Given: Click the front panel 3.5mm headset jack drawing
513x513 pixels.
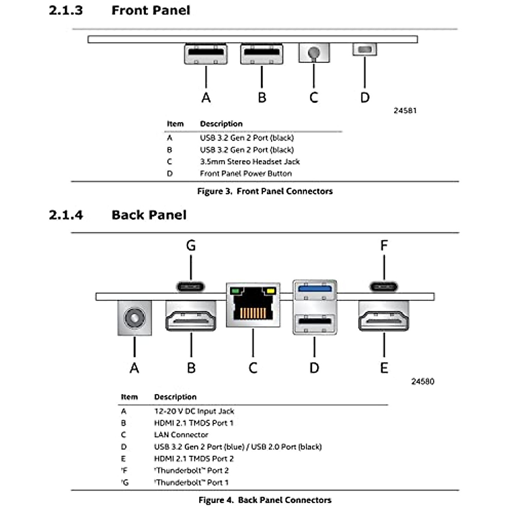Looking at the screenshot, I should pyautogui.click(x=314, y=53).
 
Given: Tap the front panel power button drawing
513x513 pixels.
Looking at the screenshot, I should pyautogui.click(x=365, y=49).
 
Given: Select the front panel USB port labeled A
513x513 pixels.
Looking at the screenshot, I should pyautogui.click(x=206, y=54).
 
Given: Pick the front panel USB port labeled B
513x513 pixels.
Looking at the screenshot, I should pyautogui.click(x=262, y=54).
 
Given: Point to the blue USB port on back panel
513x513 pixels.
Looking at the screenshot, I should pyautogui.click(x=315, y=289).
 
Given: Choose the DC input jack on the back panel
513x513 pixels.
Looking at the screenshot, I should pyautogui.click(x=134, y=318).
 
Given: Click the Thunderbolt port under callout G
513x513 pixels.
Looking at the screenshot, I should pyautogui.click(x=191, y=286).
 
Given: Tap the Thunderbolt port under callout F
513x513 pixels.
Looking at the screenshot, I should pyautogui.click(x=384, y=286).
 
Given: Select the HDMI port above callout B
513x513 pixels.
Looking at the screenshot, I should pyautogui.click(x=191, y=316).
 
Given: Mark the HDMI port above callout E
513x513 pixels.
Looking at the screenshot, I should pyautogui.click(x=384, y=316).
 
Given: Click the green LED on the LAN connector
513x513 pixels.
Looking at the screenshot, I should pyautogui.click(x=235, y=292).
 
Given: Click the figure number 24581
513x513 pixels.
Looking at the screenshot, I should pyautogui.click(x=405, y=111).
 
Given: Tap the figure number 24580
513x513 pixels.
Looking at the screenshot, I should pyautogui.click(x=422, y=381).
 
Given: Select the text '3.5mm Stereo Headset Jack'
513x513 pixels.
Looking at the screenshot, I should pyautogui.click(x=250, y=162).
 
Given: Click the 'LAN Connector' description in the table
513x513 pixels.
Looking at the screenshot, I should pyautogui.click(x=181, y=435).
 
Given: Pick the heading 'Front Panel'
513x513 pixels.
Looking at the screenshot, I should pyautogui.click(x=150, y=10).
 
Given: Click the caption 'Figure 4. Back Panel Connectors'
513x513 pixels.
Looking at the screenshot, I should pyautogui.click(x=265, y=500).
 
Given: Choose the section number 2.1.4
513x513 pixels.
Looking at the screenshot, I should pyautogui.click(x=66, y=215).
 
